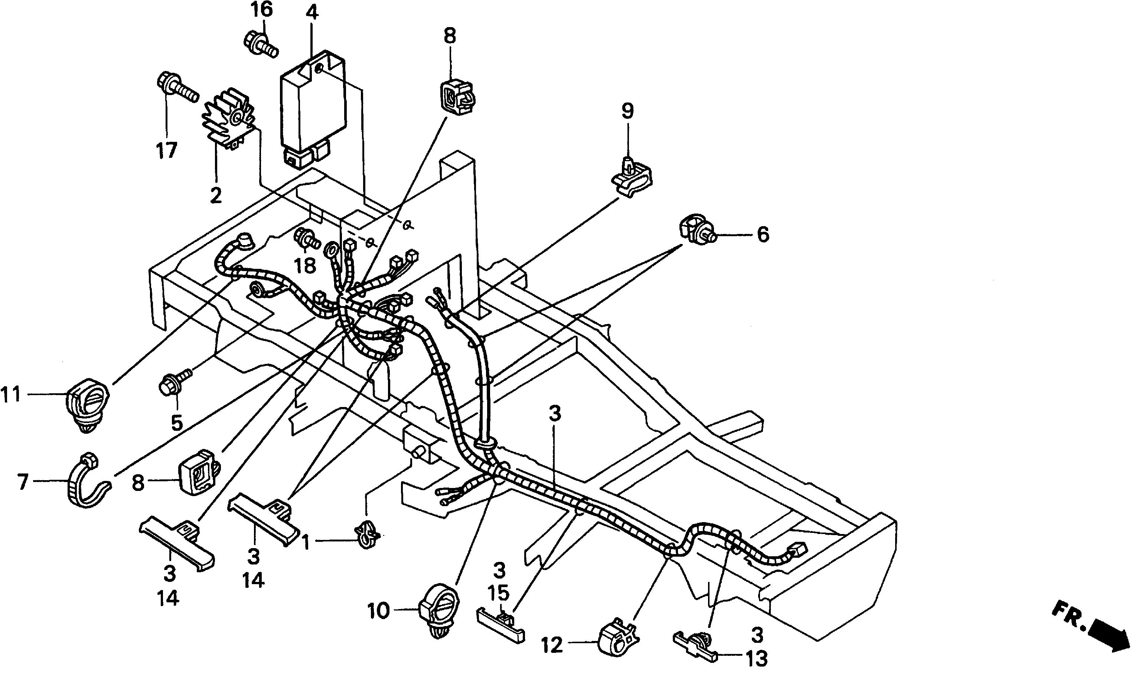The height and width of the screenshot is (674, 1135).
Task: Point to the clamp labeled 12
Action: (618, 639)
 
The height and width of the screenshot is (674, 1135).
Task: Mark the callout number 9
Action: (627, 111)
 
